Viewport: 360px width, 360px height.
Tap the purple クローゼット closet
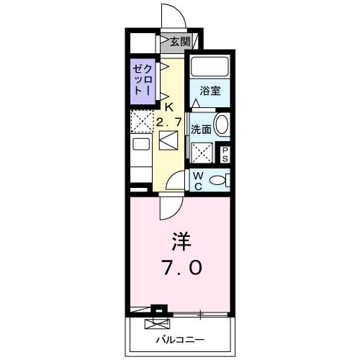tap(140, 79)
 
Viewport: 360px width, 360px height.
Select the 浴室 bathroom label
tap(210, 91)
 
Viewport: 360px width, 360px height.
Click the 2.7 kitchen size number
tap(170, 122)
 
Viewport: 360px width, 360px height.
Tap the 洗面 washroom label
tap(201, 130)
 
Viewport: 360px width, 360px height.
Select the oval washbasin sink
tap(223, 125)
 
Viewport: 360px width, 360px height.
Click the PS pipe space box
tap(225, 153)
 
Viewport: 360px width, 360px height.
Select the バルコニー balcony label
tap(181, 339)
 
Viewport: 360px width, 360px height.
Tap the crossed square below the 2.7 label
tap(170, 140)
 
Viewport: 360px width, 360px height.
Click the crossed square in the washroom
tap(204, 152)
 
